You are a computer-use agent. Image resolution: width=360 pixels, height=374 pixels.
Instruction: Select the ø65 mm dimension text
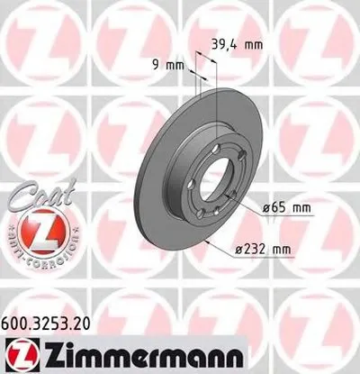point(286,209)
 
